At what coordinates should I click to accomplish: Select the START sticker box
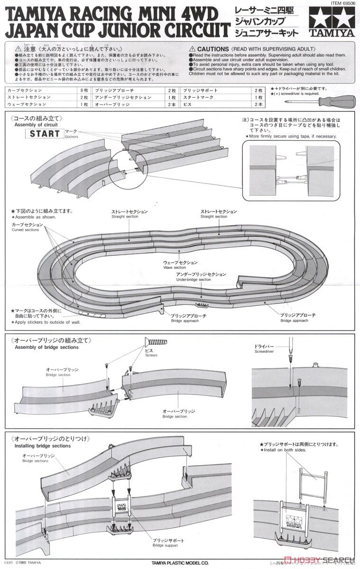tap(45, 133)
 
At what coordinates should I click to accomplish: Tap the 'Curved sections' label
tap(25, 229)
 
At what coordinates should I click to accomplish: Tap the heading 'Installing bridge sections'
tap(42, 446)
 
